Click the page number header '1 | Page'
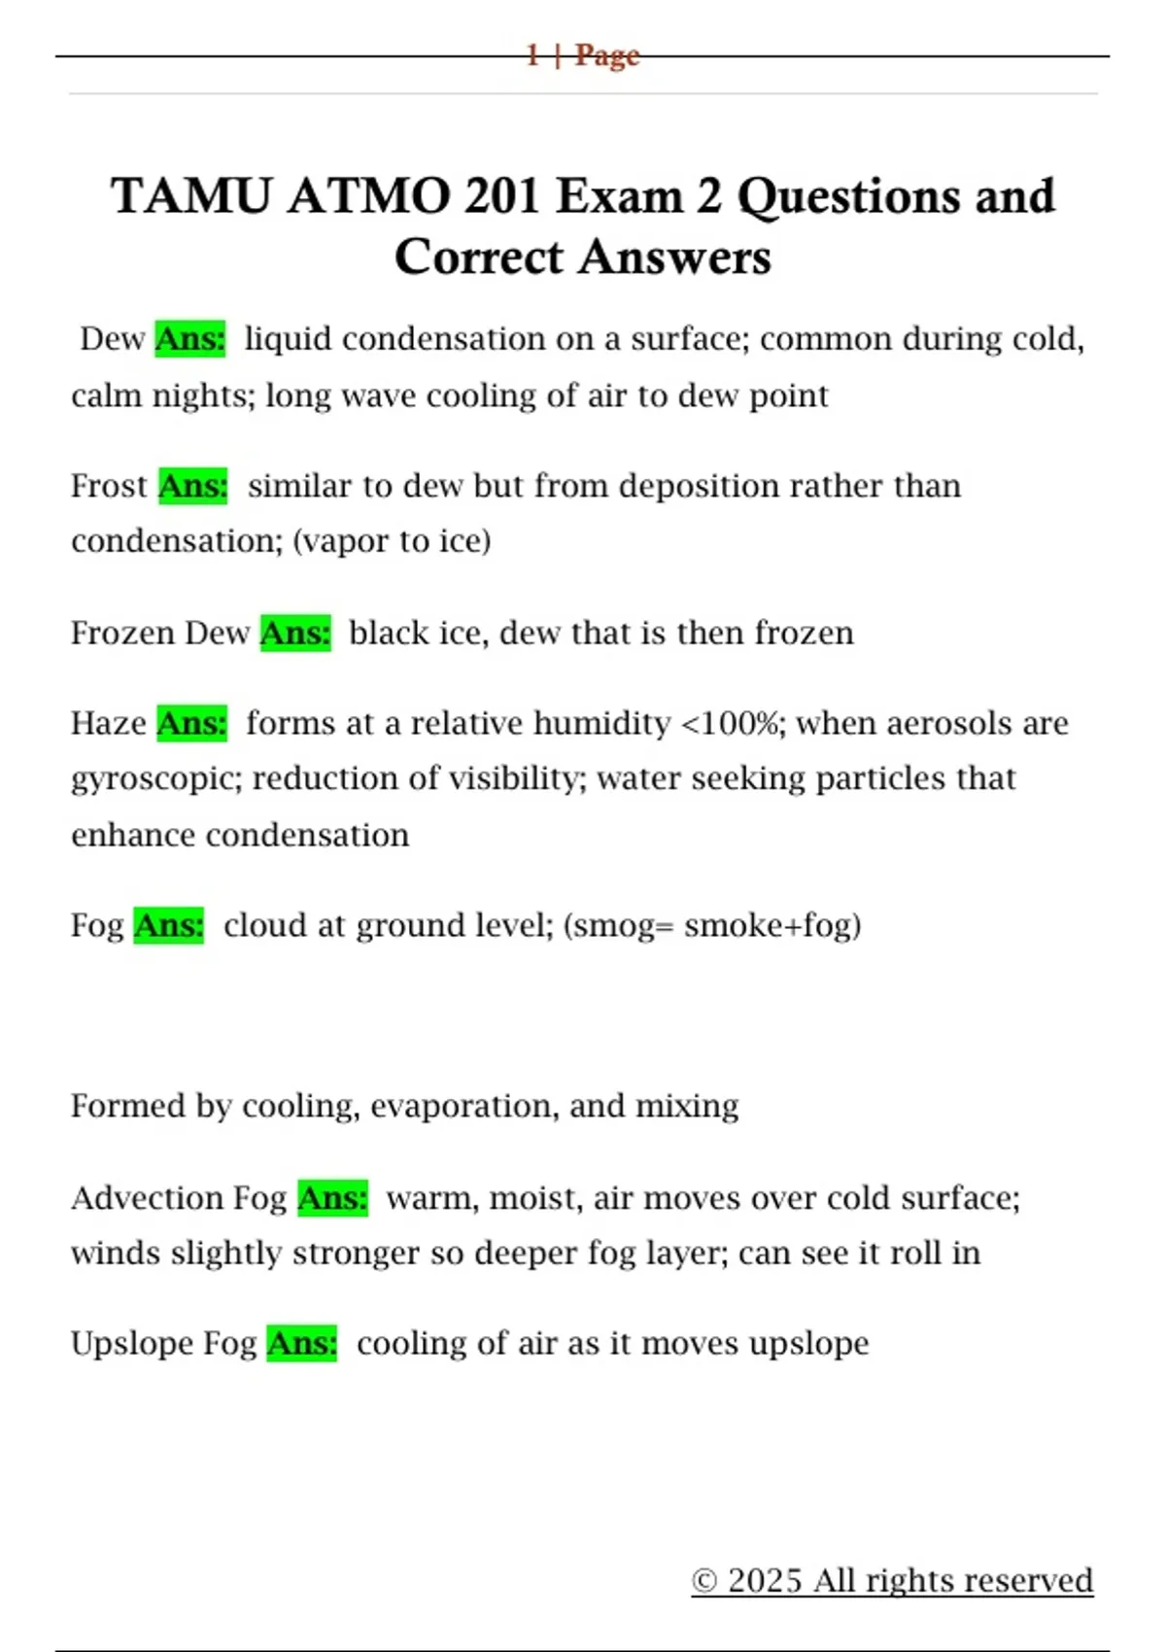[582, 55]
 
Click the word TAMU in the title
[190, 196]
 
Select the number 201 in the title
[501, 196]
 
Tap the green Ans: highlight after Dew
[190, 339]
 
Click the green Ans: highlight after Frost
[192, 486]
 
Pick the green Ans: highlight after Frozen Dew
[295, 634]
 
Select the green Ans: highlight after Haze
[191, 724]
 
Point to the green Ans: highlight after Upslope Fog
[301, 1344]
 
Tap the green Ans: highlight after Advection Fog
[332, 1198]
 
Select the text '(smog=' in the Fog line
[618, 926]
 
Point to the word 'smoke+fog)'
[772, 926]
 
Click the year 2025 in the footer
[765, 1581]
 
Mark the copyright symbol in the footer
[703, 1582]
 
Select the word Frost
[108, 486]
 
